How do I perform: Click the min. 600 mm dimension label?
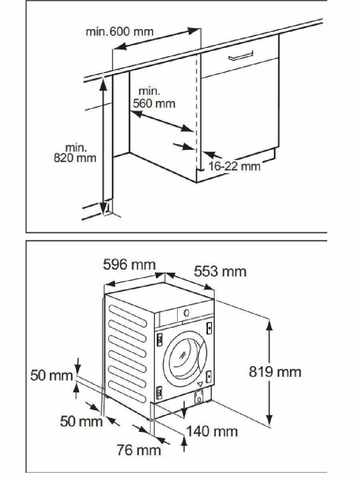pos(119,31)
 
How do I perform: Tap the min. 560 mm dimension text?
pos(154,98)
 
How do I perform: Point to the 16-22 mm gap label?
pos(234,166)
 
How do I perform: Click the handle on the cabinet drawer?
pos(241,55)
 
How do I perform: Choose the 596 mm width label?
pos(129,265)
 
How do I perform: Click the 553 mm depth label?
pos(220,272)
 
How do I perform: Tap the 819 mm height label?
pos(275,372)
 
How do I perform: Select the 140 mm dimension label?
pos(212,431)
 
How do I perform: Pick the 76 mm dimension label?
pos(138,450)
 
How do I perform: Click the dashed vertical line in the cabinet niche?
pos(197,112)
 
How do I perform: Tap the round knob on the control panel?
pos(186,313)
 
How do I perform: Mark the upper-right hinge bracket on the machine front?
pos(209,328)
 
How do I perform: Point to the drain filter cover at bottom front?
pos(199,397)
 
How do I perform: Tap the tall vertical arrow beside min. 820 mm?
pos(104,144)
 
